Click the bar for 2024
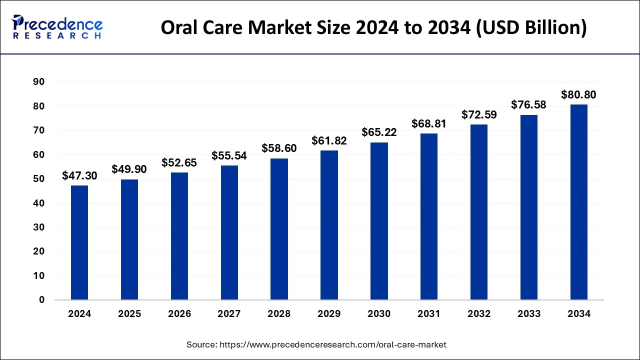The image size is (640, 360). (x=79, y=242)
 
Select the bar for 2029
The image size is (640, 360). (x=329, y=225)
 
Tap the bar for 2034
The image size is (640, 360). (x=578, y=202)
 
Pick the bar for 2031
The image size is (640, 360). (x=429, y=216)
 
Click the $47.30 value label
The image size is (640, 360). (x=79, y=175)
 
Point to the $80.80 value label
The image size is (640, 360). (x=578, y=94)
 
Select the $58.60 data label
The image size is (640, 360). (x=279, y=148)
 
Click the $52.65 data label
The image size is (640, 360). (x=179, y=162)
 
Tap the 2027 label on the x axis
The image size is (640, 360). (x=229, y=314)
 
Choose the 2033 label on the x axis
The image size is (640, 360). (x=528, y=314)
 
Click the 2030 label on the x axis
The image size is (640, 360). (x=379, y=314)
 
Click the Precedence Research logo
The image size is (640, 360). (x=57, y=27)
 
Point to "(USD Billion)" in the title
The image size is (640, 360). (x=531, y=27)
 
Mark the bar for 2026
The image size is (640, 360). (x=179, y=236)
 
